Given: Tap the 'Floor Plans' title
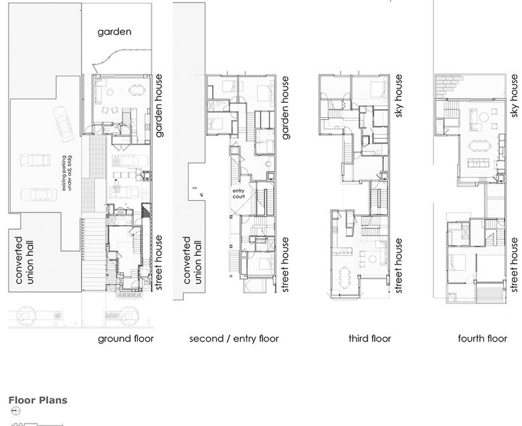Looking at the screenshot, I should (37, 401).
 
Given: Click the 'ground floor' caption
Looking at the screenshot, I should (126, 338).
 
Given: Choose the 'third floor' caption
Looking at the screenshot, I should (369, 338).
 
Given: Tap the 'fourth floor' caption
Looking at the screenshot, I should (482, 338).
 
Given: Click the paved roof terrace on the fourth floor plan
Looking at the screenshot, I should (448, 85).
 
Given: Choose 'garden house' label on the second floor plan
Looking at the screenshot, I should (286, 107).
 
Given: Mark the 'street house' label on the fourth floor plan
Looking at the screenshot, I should (514, 265).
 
